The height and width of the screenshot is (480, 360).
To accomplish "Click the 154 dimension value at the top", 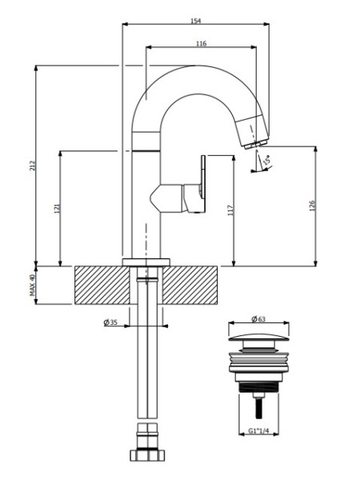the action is [x=196, y=21].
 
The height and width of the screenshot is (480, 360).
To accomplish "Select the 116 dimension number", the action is [x=201, y=43].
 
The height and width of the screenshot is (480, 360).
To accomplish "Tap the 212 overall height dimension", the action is [x=33, y=166].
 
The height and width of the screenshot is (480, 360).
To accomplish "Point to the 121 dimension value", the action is [x=58, y=209].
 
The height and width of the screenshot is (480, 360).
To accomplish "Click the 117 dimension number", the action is [x=230, y=210].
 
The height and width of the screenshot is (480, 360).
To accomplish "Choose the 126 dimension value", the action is [x=312, y=206].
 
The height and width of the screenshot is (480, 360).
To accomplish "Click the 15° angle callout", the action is [x=266, y=161].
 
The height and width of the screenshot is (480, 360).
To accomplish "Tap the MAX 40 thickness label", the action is [x=33, y=285].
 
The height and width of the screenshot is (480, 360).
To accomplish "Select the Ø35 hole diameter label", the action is [x=110, y=322].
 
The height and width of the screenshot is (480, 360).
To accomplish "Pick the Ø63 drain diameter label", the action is [x=258, y=319].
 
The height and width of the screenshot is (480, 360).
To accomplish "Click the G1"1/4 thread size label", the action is [x=258, y=431].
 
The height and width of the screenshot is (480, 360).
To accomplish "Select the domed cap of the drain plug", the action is [x=258, y=338].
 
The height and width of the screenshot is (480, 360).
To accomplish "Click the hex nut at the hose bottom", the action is [x=148, y=455].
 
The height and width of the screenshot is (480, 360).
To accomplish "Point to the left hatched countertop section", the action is [x=102, y=286].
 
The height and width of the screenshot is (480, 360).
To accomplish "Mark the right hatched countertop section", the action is [x=190, y=286].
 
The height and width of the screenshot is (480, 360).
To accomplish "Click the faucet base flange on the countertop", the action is [x=146, y=262].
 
